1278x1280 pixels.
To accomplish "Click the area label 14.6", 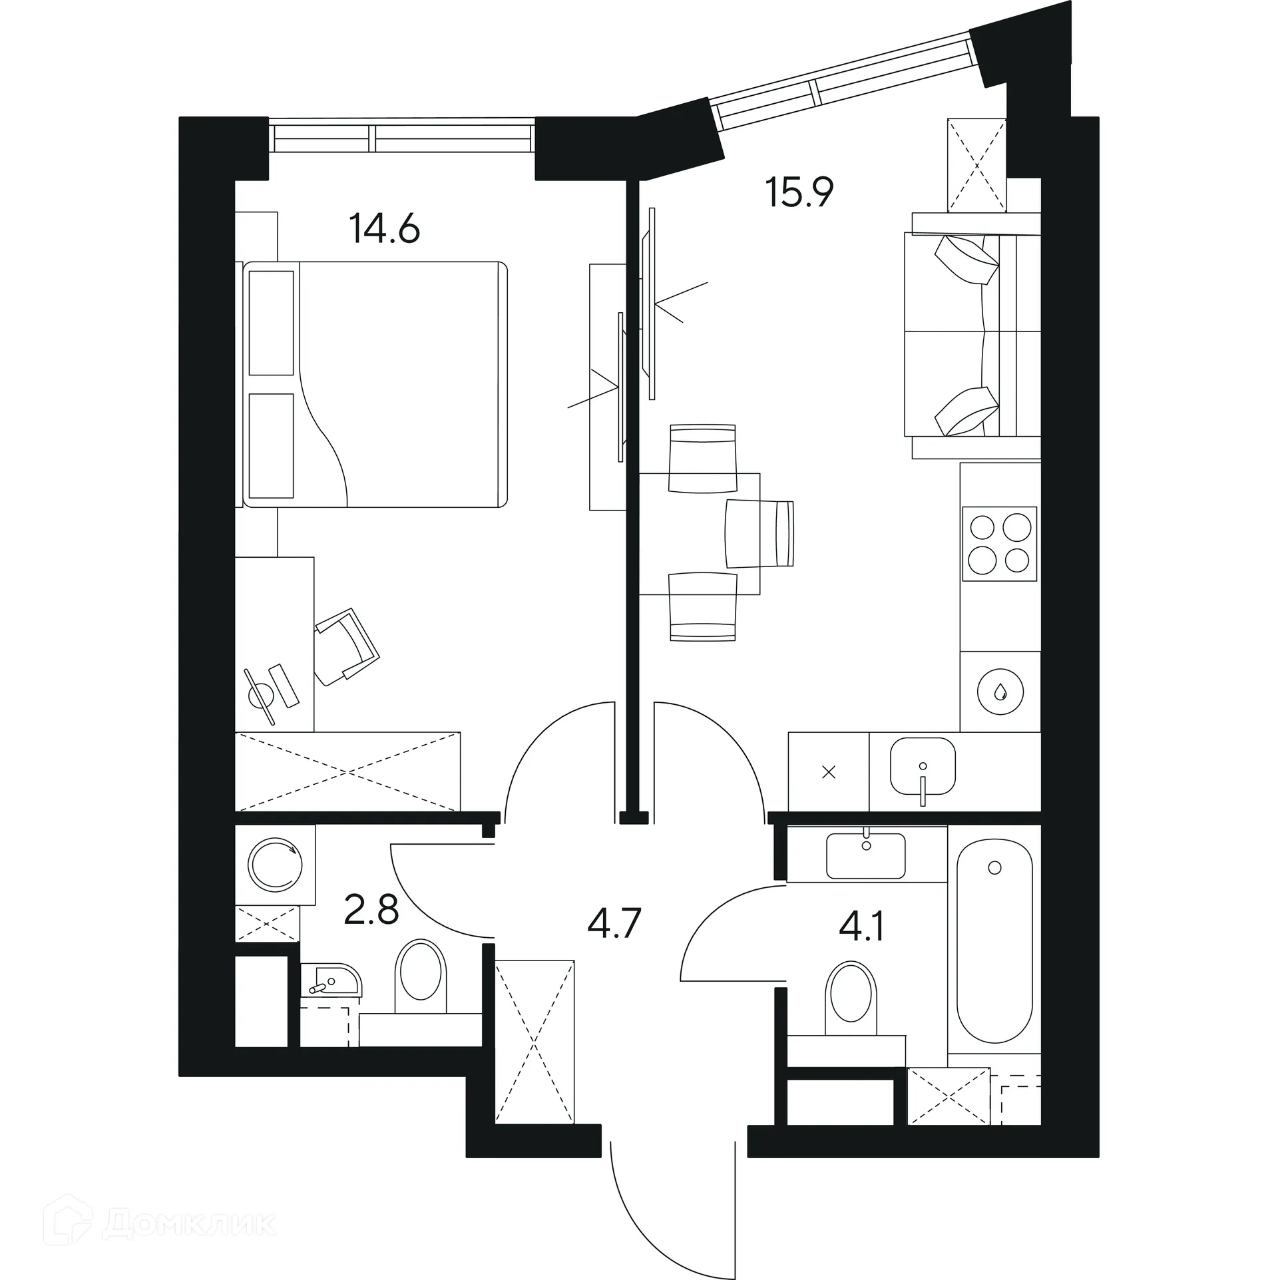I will (x=384, y=230).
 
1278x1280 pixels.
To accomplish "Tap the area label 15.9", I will (x=799, y=193).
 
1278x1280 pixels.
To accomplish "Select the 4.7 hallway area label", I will (x=614, y=924).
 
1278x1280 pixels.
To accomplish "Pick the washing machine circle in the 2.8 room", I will (x=275, y=865).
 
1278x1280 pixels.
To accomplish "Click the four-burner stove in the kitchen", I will (x=999, y=544).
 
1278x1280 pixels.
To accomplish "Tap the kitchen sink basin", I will (x=923, y=766).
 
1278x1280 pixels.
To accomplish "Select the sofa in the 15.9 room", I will (x=972, y=335).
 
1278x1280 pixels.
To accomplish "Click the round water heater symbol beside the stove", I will (x=1000, y=692).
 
